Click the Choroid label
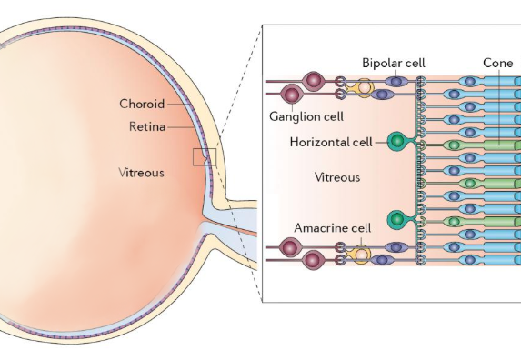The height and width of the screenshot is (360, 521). click(142, 104)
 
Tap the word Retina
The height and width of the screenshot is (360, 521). click(146, 126)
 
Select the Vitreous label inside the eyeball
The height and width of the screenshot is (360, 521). click(141, 172)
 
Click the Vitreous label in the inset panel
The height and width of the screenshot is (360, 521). click(337, 177)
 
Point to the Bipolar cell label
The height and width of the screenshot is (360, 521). click(395, 64)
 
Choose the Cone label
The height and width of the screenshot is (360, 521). click(497, 64)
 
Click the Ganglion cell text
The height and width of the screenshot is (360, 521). click(306, 116)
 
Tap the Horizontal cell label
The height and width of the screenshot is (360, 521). click(334, 143)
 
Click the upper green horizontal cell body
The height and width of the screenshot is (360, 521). click(396, 141)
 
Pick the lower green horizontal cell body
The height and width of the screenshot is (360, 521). click(396, 219)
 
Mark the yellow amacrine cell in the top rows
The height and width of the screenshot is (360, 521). click(365, 88)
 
